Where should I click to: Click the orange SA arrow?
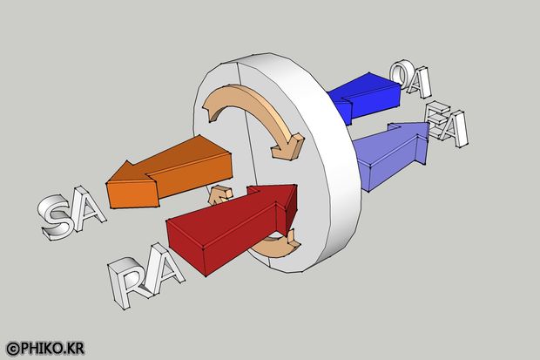click(169, 173)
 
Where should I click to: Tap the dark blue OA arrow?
click(365, 98)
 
